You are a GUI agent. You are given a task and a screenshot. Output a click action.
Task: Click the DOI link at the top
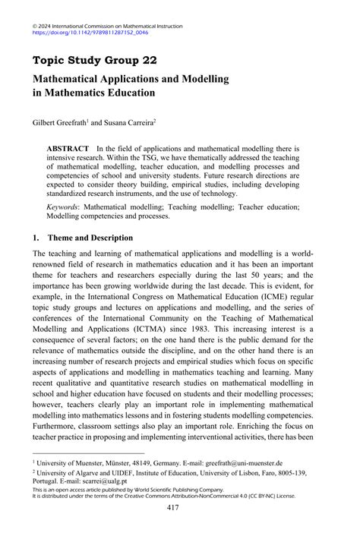[90, 33]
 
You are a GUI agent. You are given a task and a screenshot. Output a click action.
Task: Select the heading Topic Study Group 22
[95, 60]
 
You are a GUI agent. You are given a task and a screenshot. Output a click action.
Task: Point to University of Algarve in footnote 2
[68, 472]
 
